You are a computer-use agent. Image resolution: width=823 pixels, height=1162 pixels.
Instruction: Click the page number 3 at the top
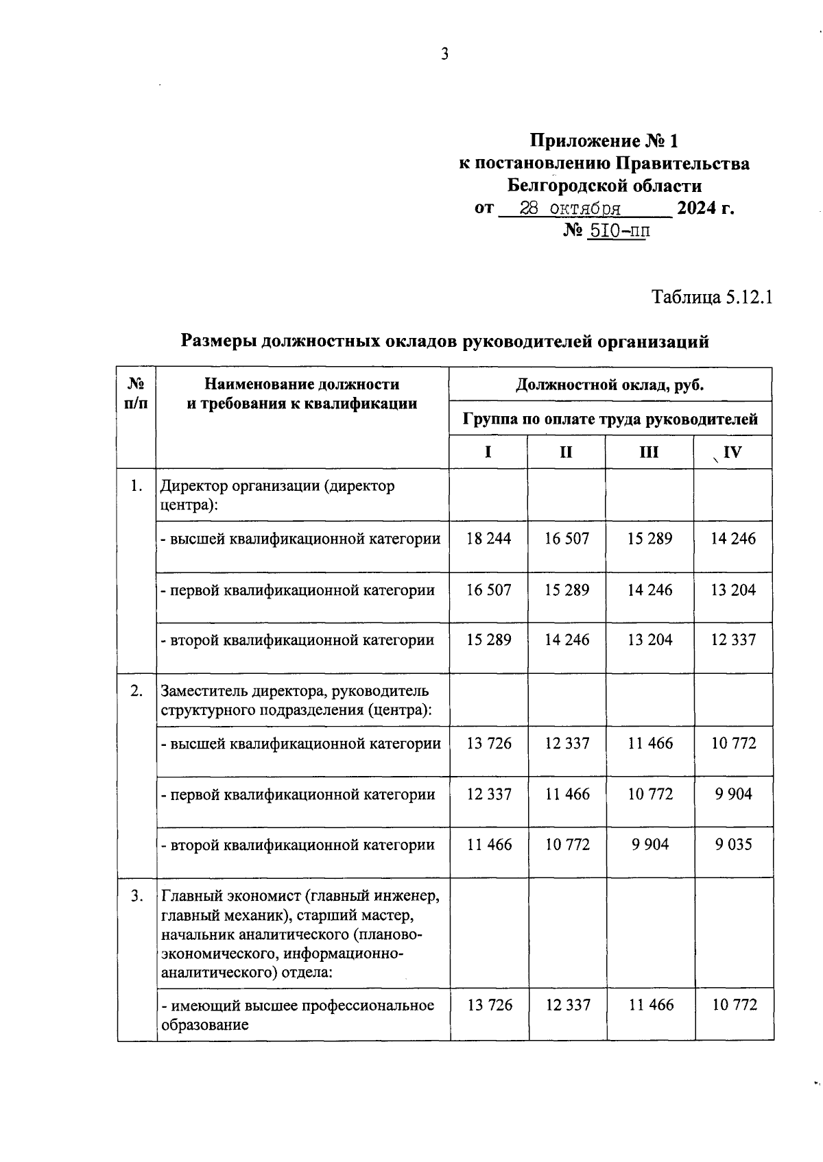444,54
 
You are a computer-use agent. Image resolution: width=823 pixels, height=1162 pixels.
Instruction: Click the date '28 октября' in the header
570,208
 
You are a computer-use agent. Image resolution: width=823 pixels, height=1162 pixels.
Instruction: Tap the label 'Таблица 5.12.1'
712,298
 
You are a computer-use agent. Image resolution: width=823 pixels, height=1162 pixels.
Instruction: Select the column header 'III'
648,452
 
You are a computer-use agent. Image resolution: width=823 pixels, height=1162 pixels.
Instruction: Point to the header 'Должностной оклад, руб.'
610,385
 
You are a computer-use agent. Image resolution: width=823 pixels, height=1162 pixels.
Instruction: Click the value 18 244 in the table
488,539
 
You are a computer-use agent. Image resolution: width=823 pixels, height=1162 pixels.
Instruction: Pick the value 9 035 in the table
733,845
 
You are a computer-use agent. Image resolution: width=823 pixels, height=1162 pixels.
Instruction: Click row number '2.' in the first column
136,690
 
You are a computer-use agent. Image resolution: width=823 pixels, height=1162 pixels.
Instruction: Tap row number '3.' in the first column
136,895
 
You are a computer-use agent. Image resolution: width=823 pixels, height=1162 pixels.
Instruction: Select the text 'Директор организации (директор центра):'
277,495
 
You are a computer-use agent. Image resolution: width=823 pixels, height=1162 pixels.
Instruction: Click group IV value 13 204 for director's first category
733,590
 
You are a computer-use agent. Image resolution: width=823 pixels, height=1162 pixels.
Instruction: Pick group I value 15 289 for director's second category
488,640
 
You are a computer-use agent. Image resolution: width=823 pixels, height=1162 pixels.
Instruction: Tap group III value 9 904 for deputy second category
649,845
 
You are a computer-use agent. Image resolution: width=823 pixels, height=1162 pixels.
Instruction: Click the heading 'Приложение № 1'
604,141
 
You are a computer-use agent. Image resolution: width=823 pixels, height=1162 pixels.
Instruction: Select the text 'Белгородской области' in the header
604,186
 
